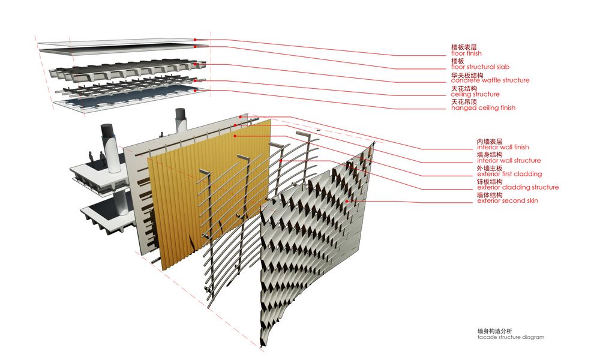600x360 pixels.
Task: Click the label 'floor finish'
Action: coord(466,53)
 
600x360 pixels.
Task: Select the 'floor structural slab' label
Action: coord(480,67)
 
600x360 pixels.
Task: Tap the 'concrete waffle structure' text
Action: coord(490,80)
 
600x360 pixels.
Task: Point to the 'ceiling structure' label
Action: coord(475,94)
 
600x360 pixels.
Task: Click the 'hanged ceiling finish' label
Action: coord(483,108)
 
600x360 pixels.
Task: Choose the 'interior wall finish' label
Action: coord(503,147)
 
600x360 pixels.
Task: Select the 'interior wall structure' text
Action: coord(509,161)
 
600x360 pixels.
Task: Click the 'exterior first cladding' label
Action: coord(509,174)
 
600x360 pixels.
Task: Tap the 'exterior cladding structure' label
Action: coord(518,187)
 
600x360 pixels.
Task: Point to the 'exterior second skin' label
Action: coord(508,200)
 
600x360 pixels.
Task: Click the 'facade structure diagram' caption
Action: coord(511,337)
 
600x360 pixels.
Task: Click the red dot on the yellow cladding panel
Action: coord(235,136)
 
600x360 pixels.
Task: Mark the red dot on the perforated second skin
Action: coord(347,201)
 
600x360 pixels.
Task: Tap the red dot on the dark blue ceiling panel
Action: coord(195,90)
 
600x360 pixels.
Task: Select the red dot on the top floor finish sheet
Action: coord(195,40)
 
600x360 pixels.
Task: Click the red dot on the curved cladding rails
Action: coord(281,161)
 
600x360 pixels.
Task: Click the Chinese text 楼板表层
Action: coord(464,47)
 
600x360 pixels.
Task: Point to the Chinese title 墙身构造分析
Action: coord(494,331)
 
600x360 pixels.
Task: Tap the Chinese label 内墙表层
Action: coord(490,141)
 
